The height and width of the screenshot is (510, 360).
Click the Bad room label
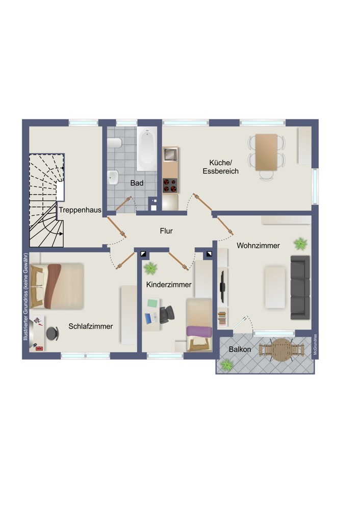click(137, 183)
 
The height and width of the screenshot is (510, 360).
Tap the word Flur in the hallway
click(166, 231)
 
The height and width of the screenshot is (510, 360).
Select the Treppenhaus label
click(80, 210)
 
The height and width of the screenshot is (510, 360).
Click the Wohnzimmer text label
click(258, 246)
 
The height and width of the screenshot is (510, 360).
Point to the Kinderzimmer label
click(169, 285)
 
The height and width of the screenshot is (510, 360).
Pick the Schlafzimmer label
click(90, 326)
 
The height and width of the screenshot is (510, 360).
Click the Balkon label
click(240, 349)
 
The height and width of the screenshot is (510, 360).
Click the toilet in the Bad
click(114, 143)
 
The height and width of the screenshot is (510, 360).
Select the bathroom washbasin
click(113, 177)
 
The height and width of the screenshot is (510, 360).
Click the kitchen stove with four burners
click(170, 186)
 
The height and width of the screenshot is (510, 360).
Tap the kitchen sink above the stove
click(170, 155)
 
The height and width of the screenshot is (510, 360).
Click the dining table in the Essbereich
click(266, 152)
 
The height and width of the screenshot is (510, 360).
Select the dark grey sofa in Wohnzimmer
click(300, 288)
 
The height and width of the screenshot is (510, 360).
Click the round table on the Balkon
click(281, 350)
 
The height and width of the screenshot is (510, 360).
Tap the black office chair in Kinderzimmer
click(167, 314)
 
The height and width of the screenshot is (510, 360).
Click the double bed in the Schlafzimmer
click(57, 286)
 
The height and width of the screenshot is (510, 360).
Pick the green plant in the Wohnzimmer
click(300, 243)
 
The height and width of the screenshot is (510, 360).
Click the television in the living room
click(223, 286)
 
